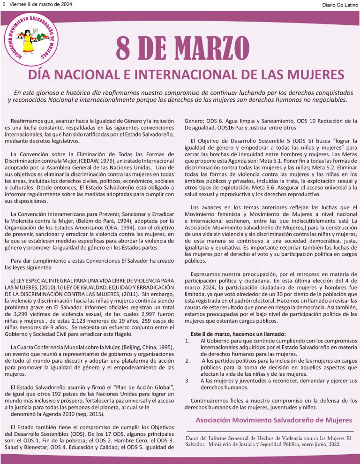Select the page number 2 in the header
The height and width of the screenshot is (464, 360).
(3, 4)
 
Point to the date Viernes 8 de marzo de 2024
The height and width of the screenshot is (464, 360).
(38, 4)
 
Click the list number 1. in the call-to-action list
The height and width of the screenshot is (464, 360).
(187, 341)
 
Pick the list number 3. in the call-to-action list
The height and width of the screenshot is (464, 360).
(187, 380)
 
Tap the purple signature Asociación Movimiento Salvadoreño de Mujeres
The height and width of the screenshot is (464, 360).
(273, 419)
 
